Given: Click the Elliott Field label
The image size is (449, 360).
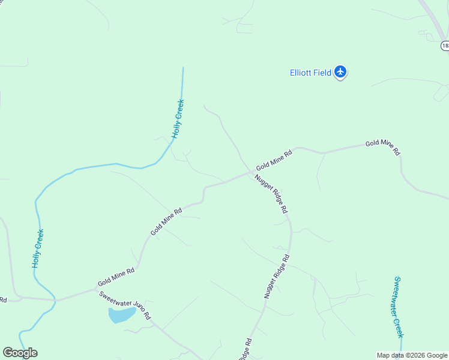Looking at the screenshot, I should (310, 73).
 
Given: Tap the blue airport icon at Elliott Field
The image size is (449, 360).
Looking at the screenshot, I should (341, 72).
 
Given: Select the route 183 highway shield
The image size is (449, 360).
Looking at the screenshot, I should (445, 46).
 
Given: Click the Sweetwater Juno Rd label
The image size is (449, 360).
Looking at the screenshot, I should (124, 305).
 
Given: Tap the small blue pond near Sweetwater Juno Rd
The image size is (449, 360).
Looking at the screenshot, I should (121, 315).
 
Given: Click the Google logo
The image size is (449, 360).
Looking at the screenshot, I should (20, 353).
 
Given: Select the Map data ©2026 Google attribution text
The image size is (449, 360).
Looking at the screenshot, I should (412, 355).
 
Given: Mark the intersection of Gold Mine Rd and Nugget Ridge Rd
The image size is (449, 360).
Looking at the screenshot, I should (250, 172).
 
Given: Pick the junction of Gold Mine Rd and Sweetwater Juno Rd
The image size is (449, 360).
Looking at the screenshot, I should (96, 289).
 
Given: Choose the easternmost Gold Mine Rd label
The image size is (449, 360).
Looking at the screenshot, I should (382, 147).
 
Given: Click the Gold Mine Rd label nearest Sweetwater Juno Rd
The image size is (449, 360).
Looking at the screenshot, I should (116, 277).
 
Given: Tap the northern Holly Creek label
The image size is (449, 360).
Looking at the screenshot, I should (178, 119).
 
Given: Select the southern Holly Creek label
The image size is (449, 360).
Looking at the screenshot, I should (38, 248).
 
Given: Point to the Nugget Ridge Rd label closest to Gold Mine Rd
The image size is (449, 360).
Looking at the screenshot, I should (271, 194).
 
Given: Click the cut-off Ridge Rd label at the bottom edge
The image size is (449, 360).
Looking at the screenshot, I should (244, 350).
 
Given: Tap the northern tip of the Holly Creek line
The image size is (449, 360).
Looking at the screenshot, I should (182, 68).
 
